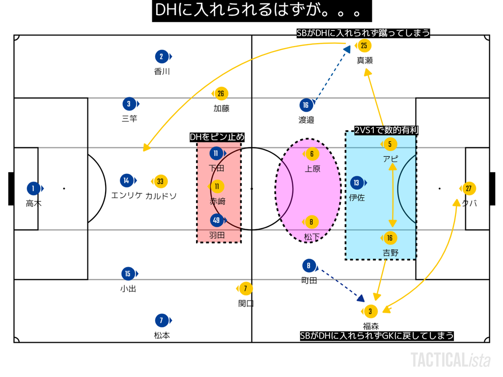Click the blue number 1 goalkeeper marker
point(33,188)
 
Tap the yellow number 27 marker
point(469,188)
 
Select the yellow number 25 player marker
point(364,46)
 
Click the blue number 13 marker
point(357,183)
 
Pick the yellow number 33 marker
point(160,182)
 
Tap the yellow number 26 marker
point(221,94)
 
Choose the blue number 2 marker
point(162,56)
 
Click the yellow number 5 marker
point(390,144)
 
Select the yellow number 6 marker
point(312,154)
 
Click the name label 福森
point(371,326)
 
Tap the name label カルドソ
point(161,196)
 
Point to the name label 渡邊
point(306,119)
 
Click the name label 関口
point(246,303)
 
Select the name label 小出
point(128,289)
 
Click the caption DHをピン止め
point(217,137)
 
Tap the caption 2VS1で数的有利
point(386,131)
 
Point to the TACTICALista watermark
point(450,360)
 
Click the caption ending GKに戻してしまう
point(377,336)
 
